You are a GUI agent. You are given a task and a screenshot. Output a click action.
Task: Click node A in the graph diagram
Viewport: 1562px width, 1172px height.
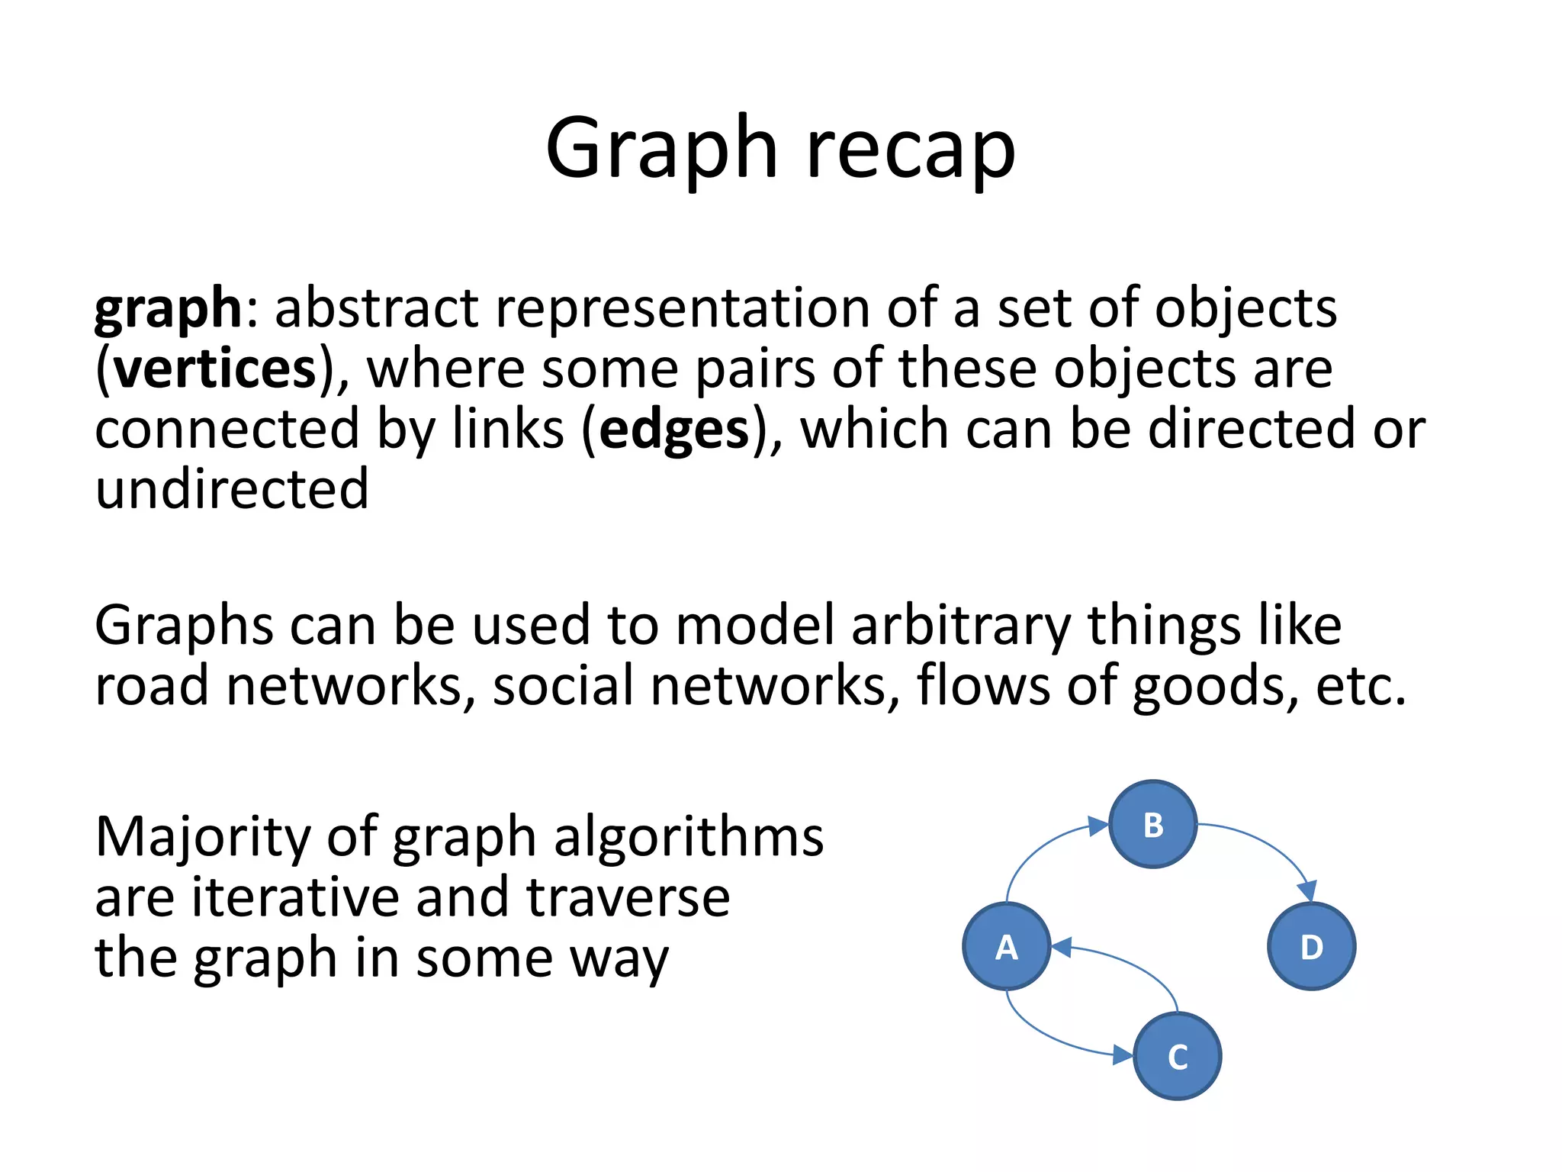click(x=1007, y=946)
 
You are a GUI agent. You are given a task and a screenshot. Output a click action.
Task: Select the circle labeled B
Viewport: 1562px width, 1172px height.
click(x=1152, y=824)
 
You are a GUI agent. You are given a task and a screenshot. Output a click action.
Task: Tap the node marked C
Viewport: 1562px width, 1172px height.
click(x=1178, y=1056)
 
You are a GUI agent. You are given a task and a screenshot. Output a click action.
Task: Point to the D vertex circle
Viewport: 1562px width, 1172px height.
click(x=1311, y=946)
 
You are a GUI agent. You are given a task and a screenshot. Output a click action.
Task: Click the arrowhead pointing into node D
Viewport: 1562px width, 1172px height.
click(x=1307, y=891)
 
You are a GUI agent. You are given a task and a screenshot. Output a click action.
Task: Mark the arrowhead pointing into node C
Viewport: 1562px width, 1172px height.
click(x=1123, y=1055)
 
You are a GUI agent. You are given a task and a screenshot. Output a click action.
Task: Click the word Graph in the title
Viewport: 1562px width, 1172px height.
click(x=660, y=149)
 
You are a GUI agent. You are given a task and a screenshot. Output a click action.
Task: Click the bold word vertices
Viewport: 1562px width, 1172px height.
click(x=215, y=369)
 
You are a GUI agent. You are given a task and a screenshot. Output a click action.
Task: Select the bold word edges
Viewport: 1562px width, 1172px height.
click(x=674, y=430)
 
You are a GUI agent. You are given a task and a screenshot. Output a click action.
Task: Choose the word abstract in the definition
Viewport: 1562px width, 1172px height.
click(x=377, y=308)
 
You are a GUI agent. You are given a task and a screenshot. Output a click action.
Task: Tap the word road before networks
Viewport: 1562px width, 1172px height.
click(x=152, y=685)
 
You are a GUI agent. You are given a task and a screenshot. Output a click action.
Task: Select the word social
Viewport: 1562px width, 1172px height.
click(x=564, y=685)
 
